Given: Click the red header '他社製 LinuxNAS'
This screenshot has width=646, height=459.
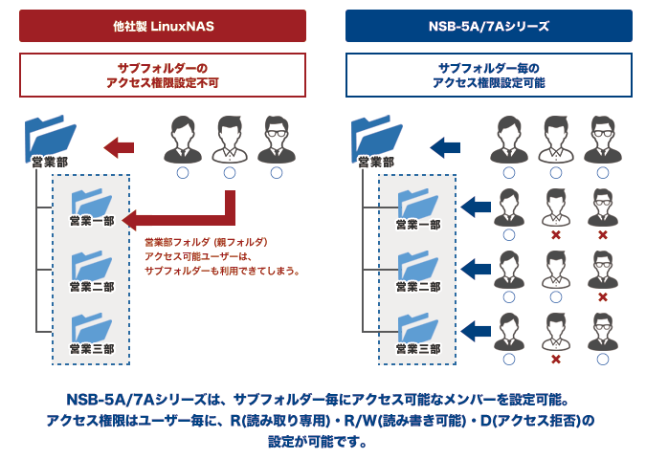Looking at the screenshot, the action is (163, 26).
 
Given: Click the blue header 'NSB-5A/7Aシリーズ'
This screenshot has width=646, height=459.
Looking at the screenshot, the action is (489, 26).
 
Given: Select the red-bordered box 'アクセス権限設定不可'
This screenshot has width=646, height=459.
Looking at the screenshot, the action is (163, 75).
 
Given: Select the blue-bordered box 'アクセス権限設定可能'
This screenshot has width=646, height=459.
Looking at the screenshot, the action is (489, 75).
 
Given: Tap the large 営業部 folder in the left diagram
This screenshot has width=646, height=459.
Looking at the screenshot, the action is (50, 139).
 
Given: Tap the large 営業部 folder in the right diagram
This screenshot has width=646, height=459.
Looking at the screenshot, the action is (376, 139).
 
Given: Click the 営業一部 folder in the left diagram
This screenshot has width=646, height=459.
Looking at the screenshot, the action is (92, 203).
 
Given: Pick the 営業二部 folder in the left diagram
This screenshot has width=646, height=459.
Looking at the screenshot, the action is (92, 266).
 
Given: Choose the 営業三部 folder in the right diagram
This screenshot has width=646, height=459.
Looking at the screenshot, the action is (418, 328).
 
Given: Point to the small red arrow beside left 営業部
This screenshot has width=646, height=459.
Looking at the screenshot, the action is (119, 147).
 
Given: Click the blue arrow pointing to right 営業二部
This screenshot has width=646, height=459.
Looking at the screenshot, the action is (476, 269).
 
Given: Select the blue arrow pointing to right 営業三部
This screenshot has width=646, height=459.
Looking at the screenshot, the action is (476, 331).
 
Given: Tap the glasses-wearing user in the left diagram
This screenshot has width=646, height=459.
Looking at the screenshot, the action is (277, 140).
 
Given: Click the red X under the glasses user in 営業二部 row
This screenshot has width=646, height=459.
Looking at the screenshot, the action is (603, 297).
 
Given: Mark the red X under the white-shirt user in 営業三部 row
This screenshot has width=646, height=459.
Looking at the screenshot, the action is (556, 360).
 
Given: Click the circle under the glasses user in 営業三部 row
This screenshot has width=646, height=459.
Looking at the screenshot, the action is (603, 360).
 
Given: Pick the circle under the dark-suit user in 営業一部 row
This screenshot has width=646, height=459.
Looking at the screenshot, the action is (509, 235).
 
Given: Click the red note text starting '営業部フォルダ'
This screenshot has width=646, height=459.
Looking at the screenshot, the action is (222, 256).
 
